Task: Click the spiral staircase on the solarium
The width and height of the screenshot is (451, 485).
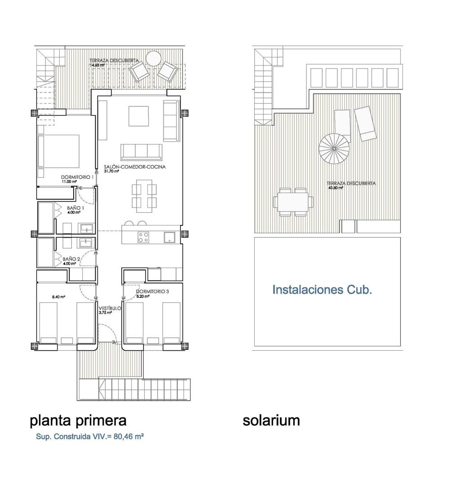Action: pos(335,150)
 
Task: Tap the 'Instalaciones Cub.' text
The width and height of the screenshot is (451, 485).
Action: pos(322,290)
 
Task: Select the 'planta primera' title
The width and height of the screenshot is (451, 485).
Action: pos(78,420)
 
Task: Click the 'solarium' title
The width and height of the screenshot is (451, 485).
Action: pos(271,420)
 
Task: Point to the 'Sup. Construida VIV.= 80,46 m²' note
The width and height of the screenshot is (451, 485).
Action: pos(90,436)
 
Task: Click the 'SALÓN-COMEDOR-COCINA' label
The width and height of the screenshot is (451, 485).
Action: pos(134,167)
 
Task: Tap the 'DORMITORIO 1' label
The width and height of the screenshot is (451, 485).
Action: pos(77,177)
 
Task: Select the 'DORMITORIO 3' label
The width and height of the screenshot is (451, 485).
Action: pos(152,291)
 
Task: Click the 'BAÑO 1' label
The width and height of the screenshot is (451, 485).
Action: pos(75,208)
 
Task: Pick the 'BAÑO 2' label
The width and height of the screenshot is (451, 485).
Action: pos(71,259)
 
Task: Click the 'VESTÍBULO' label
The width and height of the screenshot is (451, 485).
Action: pos(110,309)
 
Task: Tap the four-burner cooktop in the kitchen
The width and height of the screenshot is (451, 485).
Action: pos(144,237)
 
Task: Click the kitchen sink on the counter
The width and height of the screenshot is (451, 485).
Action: pos(170,237)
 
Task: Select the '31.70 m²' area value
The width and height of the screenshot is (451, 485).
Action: pos(111,171)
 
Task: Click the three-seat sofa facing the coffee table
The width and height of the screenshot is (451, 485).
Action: pos(141,152)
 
